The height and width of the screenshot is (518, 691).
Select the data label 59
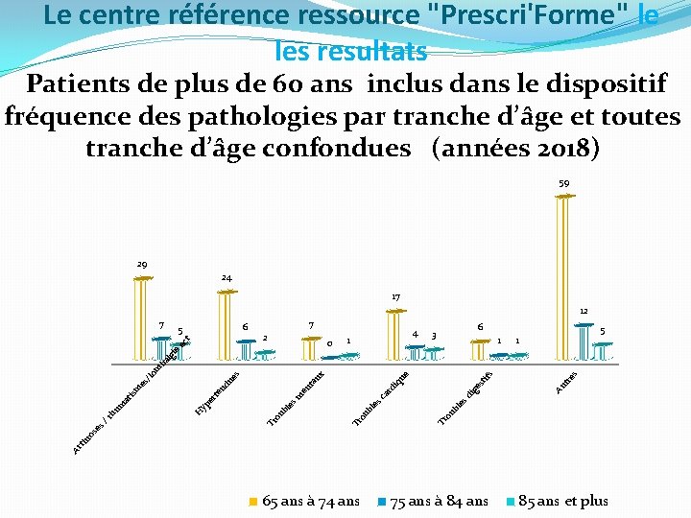coord(565,182)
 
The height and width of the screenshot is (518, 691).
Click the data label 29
coord(141,264)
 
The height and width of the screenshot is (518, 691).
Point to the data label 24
coord(226,278)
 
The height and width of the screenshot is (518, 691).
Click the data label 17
coord(396,296)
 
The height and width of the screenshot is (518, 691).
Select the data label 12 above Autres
coord(583,311)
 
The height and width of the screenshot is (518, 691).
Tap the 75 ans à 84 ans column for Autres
coord(584,341)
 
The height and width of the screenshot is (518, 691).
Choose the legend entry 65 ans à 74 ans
coord(304,501)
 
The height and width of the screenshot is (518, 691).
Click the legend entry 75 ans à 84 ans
coord(434,501)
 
